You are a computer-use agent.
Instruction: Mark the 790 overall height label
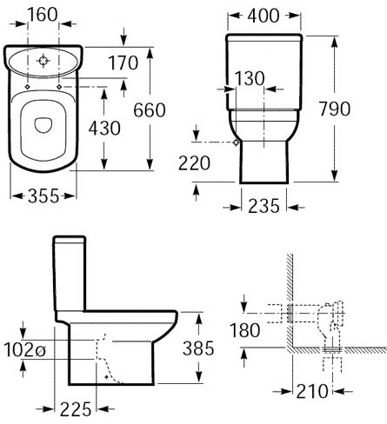[359, 110]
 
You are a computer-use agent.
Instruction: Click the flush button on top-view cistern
[45, 61]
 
